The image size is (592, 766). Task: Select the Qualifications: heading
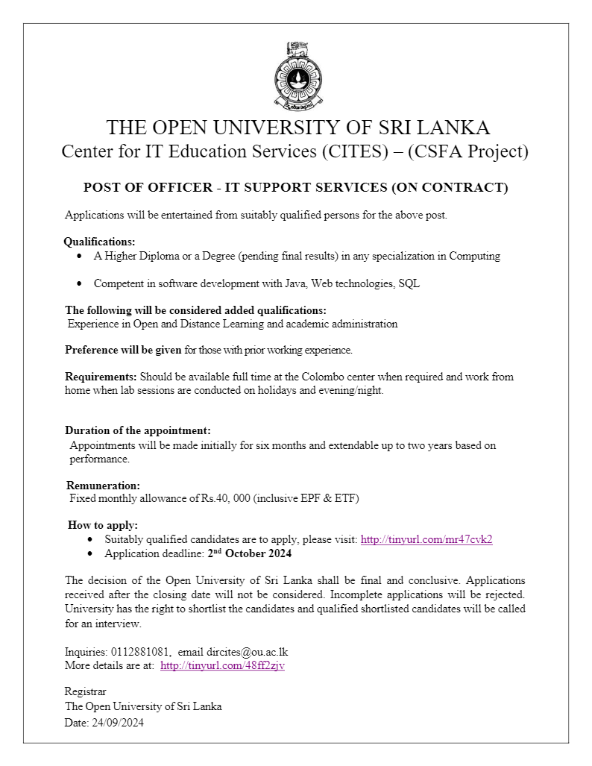click(99, 242)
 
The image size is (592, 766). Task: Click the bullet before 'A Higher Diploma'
click(80, 256)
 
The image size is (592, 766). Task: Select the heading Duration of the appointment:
click(138, 430)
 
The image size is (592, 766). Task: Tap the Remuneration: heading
click(103, 486)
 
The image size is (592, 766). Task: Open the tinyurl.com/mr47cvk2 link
click(426, 539)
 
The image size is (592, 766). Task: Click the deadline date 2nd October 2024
click(249, 553)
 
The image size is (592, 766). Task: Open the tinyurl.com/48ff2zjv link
click(222, 665)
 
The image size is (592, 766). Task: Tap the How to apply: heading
click(103, 525)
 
